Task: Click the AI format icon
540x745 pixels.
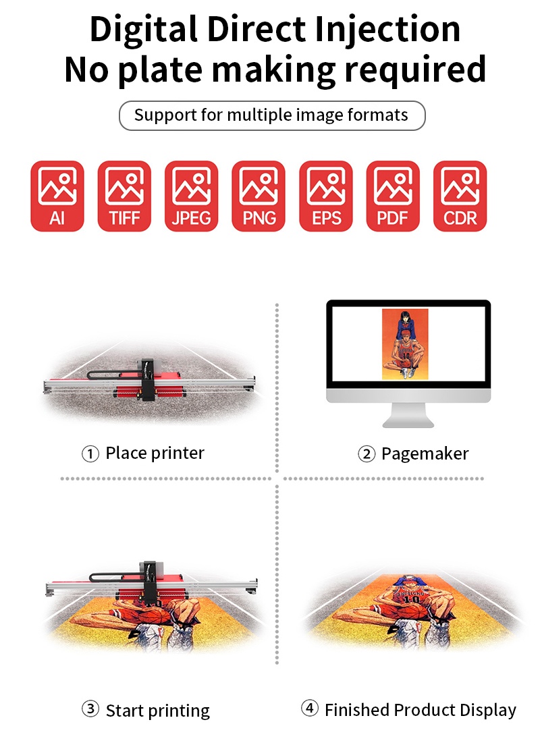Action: pyautogui.click(x=57, y=196)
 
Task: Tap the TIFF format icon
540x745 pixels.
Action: pyautogui.click(x=125, y=196)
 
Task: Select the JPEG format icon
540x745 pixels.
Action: pyautogui.click(x=192, y=196)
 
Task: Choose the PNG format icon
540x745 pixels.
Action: pyautogui.click(x=259, y=196)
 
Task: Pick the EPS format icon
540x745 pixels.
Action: pyautogui.click(x=326, y=196)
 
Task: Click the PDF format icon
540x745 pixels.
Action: pyautogui.click(x=393, y=196)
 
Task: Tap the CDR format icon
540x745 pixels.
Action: pyautogui.click(x=460, y=196)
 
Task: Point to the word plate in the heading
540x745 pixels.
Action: pyautogui.click(x=160, y=70)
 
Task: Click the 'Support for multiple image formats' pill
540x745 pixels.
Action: pyautogui.click(x=272, y=115)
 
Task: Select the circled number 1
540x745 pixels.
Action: pyautogui.click(x=90, y=453)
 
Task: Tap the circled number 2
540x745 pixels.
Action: pyautogui.click(x=367, y=453)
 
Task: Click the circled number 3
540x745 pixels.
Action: pyautogui.click(x=90, y=709)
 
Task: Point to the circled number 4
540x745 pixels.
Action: pyautogui.click(x=309, y=709)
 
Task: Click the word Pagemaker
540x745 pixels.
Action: pyautogui.click(x=425, y=453)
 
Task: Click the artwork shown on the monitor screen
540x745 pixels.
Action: pyautogui.click(x=405, y=344)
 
